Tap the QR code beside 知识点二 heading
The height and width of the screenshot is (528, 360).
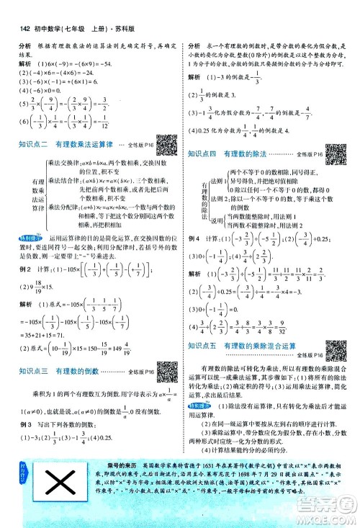166,123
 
